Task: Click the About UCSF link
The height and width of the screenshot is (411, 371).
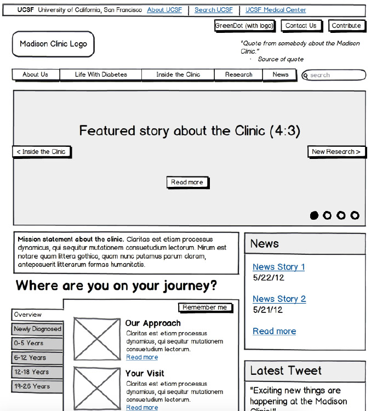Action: click(x=164, y=10)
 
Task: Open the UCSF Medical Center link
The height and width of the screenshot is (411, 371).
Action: click(x=276, y=10)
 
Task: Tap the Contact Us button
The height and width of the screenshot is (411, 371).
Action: click(x=301, y=26)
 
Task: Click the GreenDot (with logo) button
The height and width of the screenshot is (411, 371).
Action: click(x=244, y=26)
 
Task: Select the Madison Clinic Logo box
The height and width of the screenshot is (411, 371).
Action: click(x=53, y=44)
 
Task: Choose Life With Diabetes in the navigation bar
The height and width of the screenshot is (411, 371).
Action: click(x=101, y=75)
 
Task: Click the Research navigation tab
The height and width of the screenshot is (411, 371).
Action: click(x=238, y=75)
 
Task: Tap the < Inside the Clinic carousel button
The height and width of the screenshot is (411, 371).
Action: click(x=42, y=152)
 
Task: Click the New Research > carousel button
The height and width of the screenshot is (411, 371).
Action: click(x=336, y=152)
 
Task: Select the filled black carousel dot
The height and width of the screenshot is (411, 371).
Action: click(x=314, y=215)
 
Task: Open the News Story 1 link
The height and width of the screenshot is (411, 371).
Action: click(x=278, y=267)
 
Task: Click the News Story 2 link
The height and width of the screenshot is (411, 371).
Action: click(x=279, y=299)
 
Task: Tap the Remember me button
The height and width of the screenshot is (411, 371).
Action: click(x=205, y=307)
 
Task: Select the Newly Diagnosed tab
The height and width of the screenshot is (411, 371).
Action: click(x=37, y=329)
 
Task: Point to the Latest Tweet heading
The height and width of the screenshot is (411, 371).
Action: click(x=286, y=371)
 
